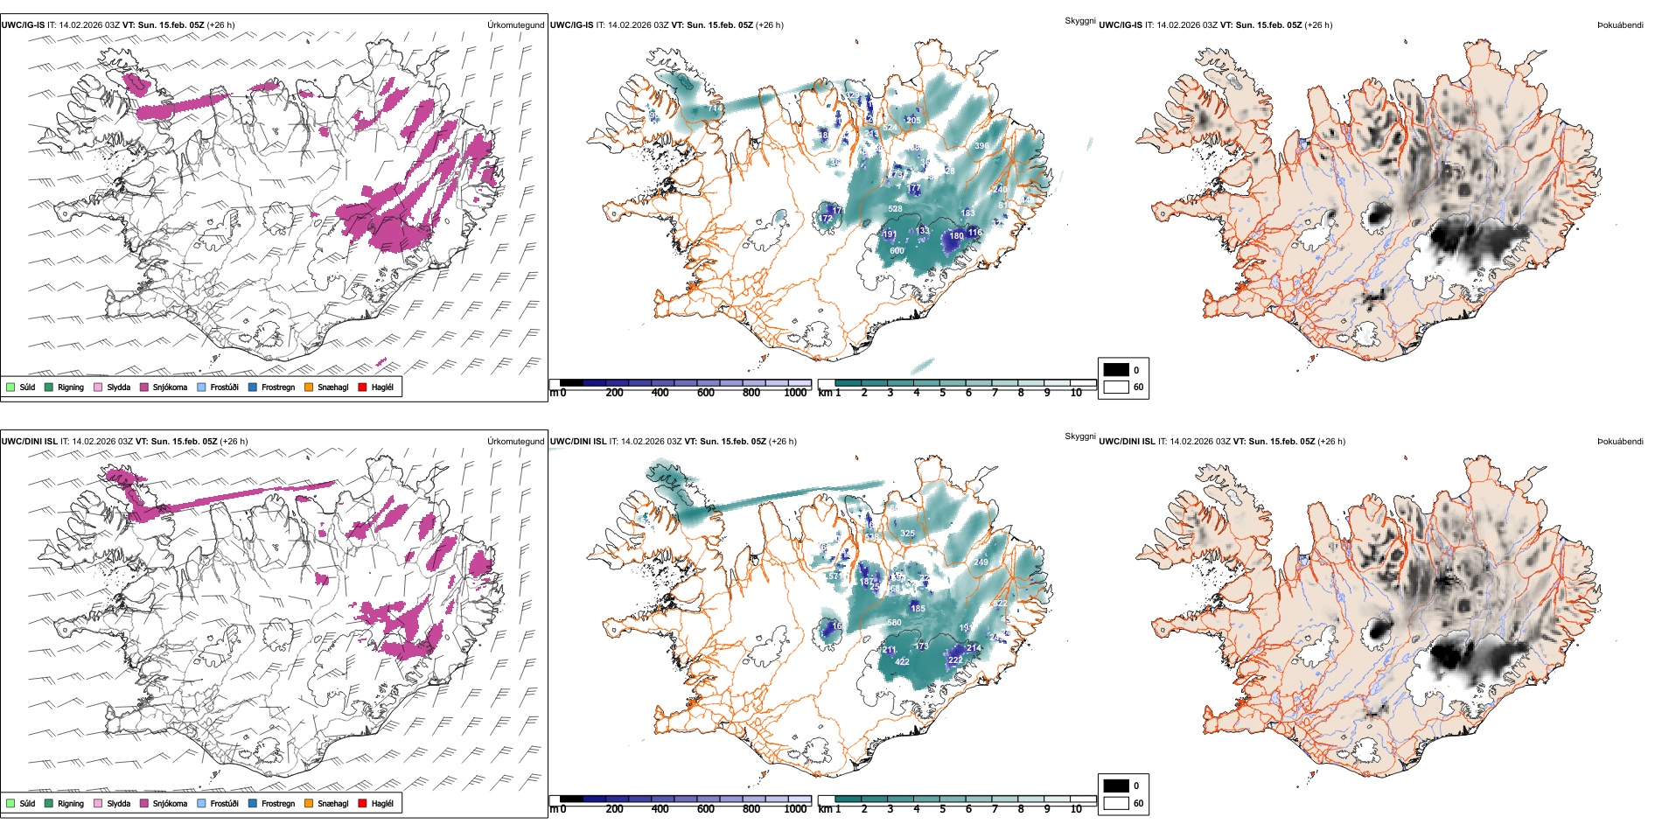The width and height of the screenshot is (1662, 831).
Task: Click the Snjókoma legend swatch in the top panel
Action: [x=144, y=387]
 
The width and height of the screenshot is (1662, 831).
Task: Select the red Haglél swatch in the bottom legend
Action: [x=363, y=803]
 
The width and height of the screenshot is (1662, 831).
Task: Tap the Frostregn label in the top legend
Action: [x=278, y=387]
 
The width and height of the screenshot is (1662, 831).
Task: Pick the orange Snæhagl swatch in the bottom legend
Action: [x=310, y=803]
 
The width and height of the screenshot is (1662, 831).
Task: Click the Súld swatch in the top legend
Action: [x=10, y=387]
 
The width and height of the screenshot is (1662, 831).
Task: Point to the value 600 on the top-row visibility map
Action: [x=897, y=251]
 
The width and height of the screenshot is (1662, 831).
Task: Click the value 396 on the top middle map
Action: [x=981, y=146]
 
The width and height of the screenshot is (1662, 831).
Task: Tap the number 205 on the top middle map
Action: [x=913, y=121]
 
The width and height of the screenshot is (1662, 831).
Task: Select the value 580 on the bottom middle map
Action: [x=894, y=623]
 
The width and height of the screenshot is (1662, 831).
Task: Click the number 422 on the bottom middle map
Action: [x=902, y=662]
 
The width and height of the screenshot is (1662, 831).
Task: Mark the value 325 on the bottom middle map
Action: [x=907, y=534]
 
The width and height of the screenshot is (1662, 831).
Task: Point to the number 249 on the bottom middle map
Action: [x=981, y=562]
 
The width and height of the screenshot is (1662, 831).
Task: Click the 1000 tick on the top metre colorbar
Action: [x=795, y=393]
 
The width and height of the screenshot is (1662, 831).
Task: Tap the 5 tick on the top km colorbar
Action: [x=942, y=393]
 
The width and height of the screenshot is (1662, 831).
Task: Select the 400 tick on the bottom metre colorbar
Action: [x=660, y=809]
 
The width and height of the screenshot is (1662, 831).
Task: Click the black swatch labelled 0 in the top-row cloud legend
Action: [x=1116, y=370]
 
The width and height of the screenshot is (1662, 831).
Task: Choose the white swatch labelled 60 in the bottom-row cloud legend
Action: [x=1116, y=803]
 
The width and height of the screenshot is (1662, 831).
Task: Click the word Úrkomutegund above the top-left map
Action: [x=515, y=25]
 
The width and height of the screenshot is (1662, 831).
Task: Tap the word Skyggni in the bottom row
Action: [x=1079, y=436]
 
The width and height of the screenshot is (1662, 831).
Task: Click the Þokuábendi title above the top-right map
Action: [x=1620, y=25]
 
